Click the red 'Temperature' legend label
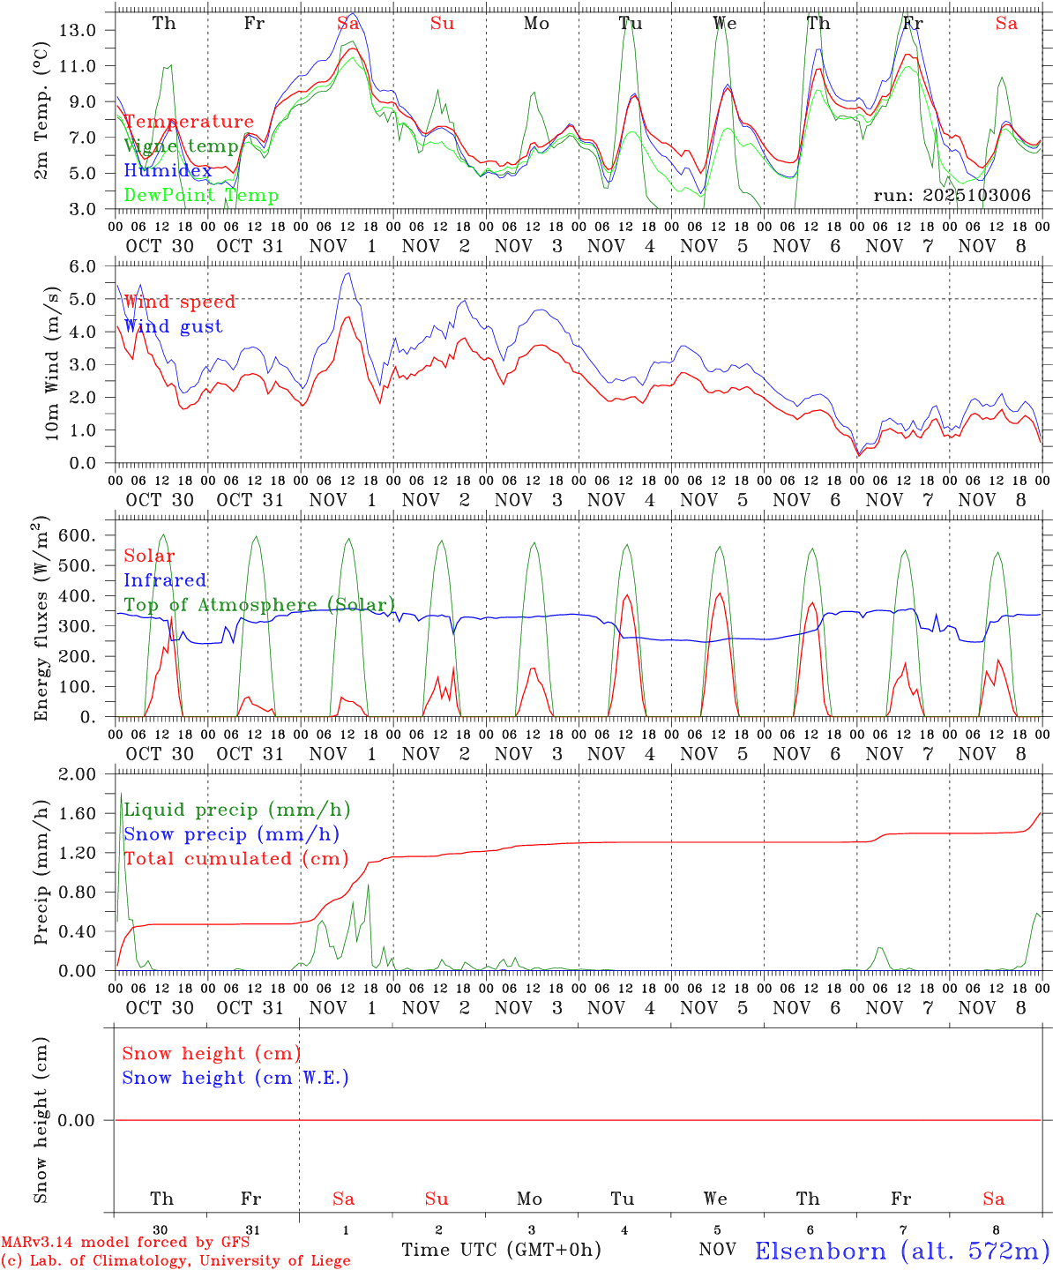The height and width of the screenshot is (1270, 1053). [188, 122]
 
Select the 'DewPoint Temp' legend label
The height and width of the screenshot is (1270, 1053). [201, 196]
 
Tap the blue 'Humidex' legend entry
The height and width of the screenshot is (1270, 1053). [168, 171]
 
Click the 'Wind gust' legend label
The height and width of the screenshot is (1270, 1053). [173, 326]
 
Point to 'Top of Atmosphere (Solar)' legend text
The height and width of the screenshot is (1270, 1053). [259, 605]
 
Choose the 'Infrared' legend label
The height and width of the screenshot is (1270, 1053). [165, 580]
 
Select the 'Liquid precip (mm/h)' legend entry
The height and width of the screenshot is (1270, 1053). [236, 810]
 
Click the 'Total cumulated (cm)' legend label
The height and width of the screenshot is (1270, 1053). [235, 859]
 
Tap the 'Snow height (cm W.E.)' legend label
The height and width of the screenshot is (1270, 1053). [235, 1078]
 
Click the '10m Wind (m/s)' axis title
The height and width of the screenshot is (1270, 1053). [52, 365]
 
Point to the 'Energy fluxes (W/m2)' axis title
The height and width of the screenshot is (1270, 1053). [41, 621]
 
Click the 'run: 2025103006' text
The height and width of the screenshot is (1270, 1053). [952, 196]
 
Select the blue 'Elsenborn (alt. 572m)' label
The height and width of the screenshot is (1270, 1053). [901, 1251]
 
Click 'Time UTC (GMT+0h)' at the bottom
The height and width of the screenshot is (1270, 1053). [501, 1250]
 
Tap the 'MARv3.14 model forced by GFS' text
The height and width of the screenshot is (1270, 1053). [124, 1242]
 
